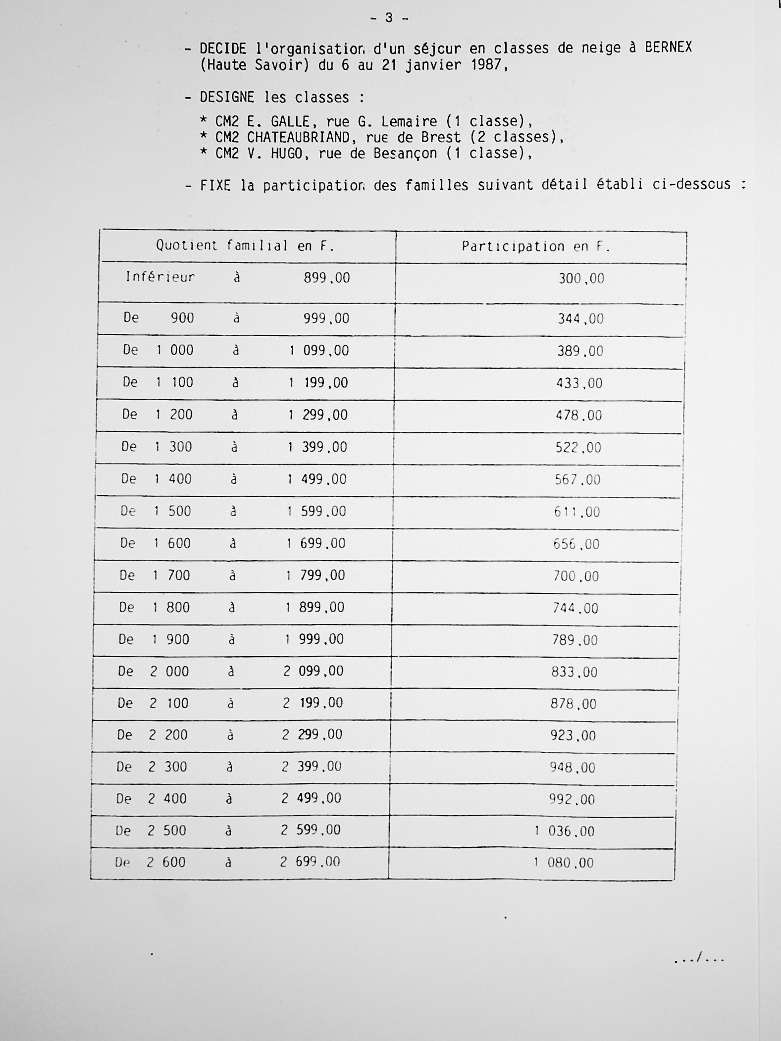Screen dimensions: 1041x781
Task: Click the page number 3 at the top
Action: pos(389,18)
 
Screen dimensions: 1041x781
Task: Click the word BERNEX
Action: pos(668,48)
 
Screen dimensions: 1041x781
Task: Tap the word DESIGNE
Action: pos(227,97)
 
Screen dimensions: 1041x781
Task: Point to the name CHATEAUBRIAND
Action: pos(298,137)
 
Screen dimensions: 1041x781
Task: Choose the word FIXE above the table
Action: pos(215,185)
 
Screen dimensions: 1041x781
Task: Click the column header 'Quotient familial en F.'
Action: pos(245,246)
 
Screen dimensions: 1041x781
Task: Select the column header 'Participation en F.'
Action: pos(536,247)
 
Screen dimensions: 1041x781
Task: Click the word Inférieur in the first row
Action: pos(160,277)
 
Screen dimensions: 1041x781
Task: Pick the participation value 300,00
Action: pos(581,278)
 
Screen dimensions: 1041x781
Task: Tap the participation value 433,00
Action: pos(579,383)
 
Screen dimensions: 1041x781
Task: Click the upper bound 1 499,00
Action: pos(317,479)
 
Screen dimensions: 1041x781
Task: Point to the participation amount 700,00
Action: pos(576,576)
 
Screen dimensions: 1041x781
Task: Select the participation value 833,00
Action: pos(574,672)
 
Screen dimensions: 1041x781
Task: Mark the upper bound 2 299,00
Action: pos(312,734)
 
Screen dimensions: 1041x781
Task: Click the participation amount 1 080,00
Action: pos(564,863)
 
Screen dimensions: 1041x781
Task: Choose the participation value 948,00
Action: pos(573,768)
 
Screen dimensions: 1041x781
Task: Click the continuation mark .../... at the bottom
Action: pos(699,959)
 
